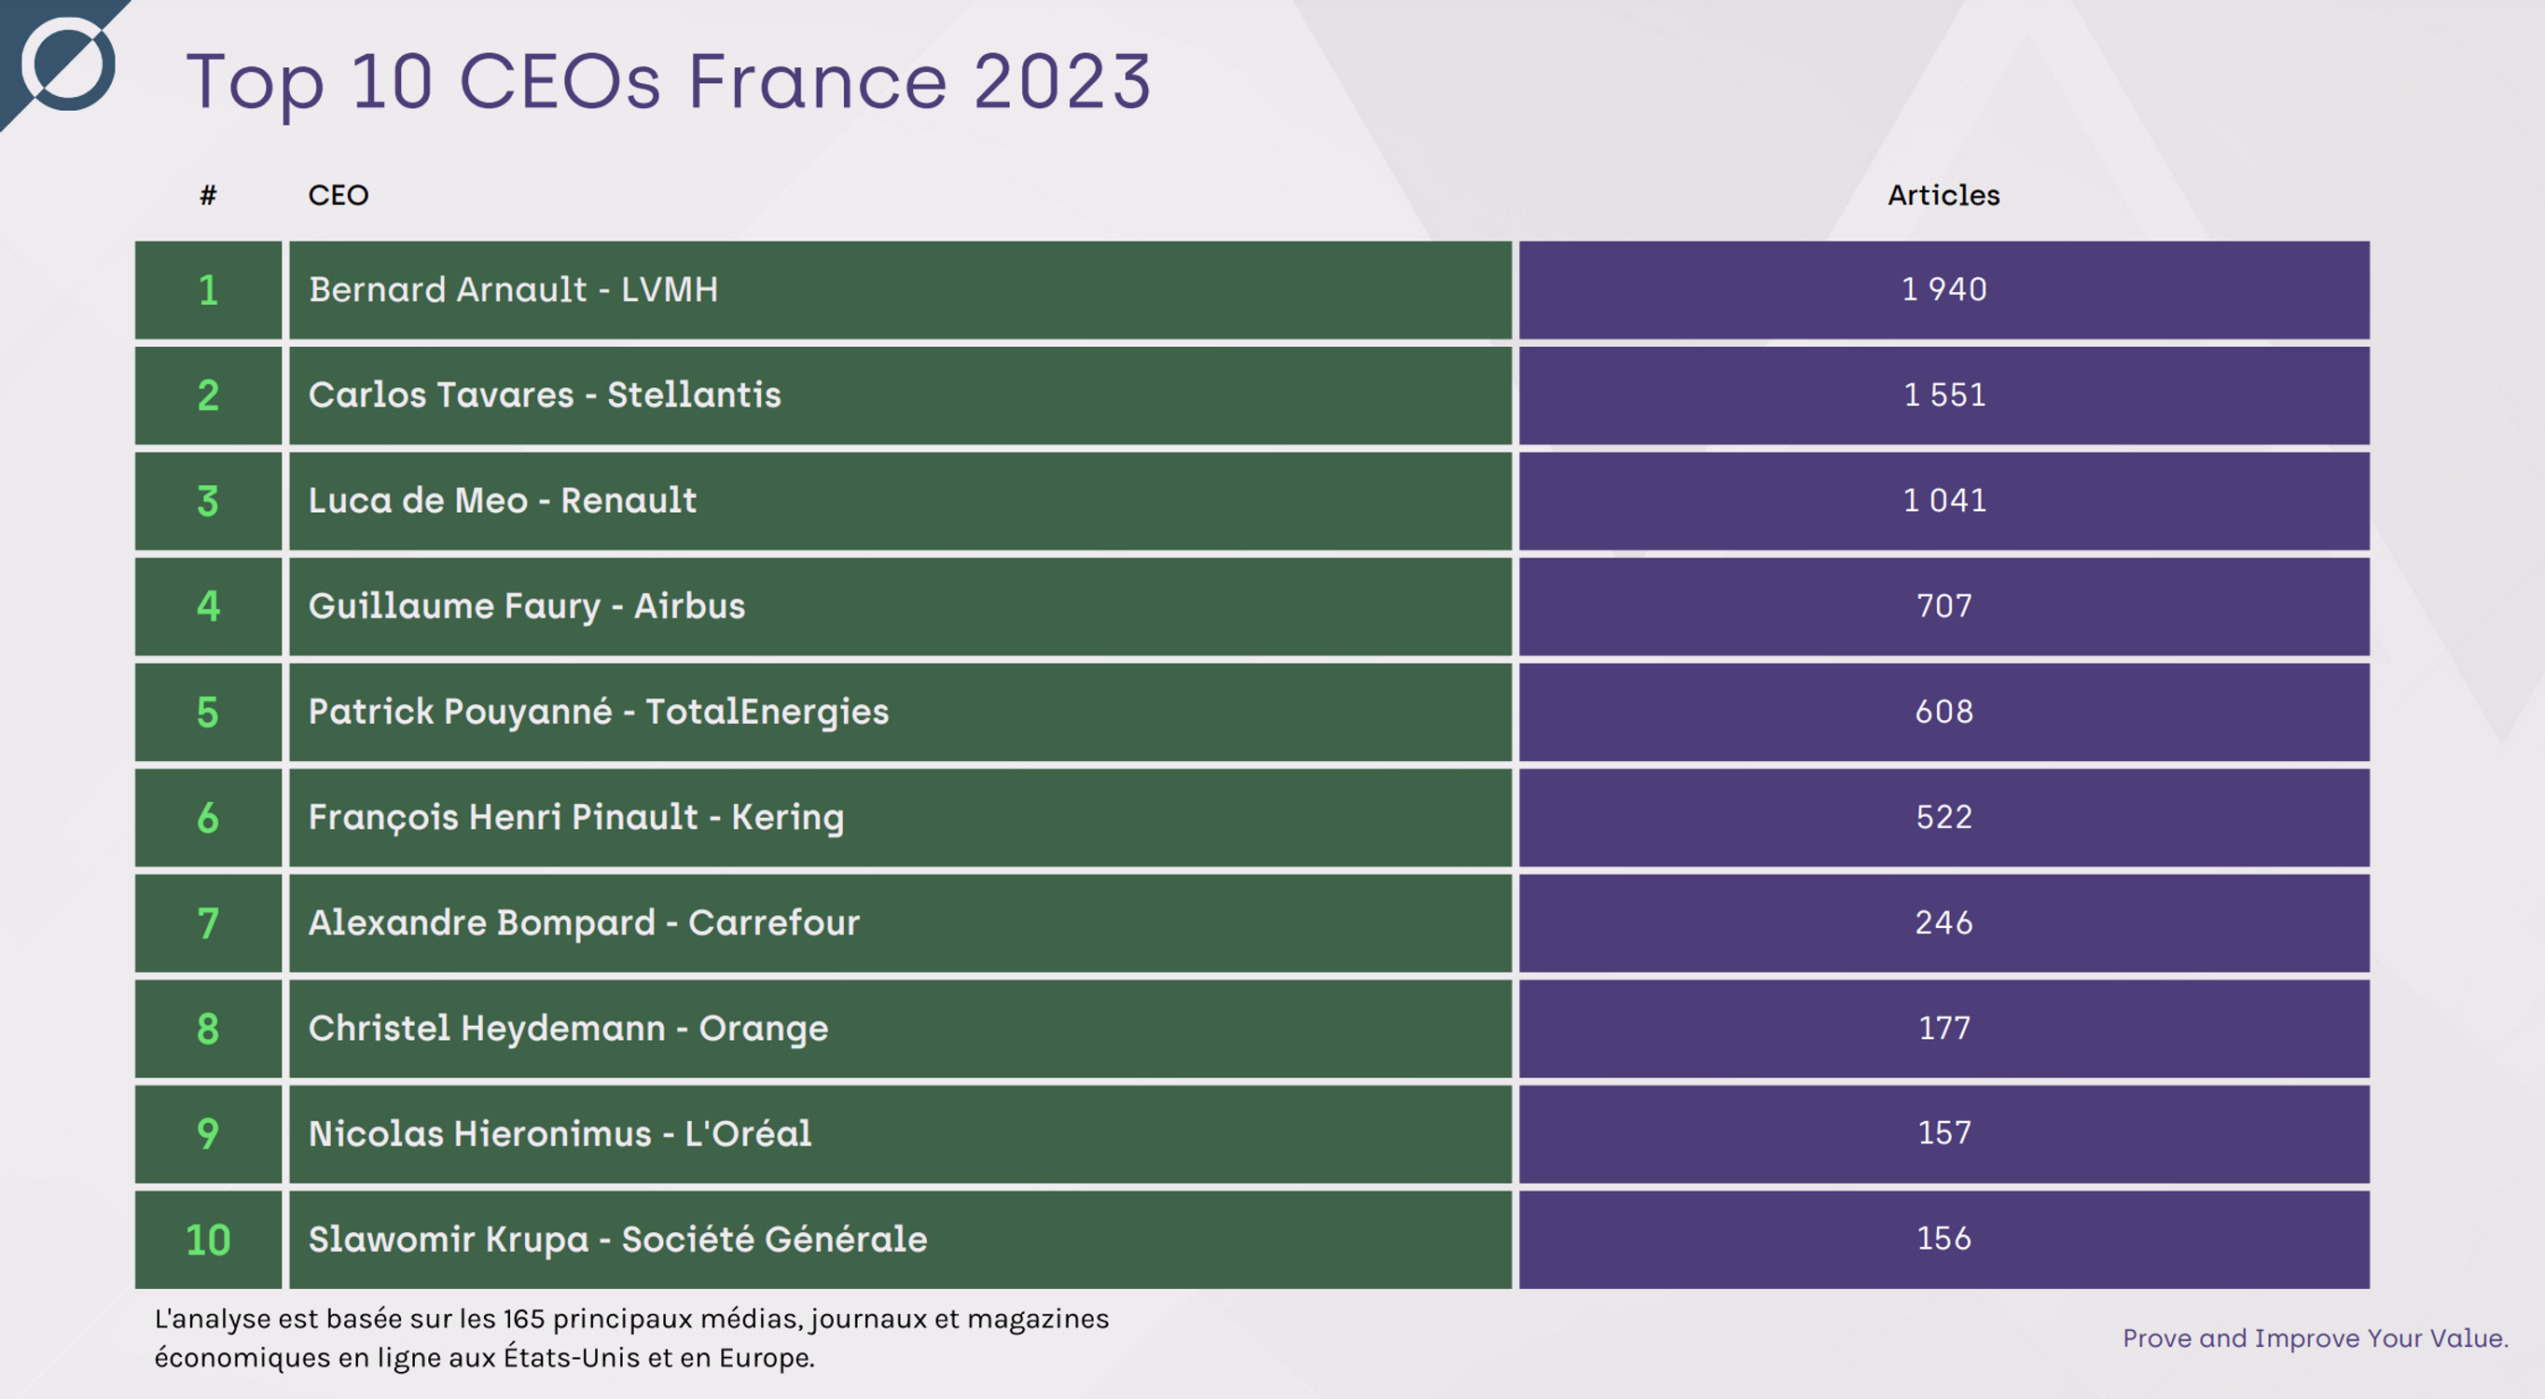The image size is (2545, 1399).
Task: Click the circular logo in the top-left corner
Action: point(68,63)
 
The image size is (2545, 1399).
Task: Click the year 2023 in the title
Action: point(1062,82)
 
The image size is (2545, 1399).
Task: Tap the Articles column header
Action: point(1943,196)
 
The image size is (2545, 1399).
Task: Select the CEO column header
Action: point(338,196)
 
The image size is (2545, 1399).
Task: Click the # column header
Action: point(207,196)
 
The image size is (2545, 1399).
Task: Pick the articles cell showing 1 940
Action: point(1943,289)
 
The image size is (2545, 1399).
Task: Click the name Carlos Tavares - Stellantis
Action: point(545,395)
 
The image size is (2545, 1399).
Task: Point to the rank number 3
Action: point(207,501)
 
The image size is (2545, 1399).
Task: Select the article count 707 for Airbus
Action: point(1943,605)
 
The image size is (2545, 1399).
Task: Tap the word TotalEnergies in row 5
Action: point(767,713)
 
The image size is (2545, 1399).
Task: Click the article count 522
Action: point(1943,817)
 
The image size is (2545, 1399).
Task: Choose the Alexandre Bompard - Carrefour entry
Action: point(583,922)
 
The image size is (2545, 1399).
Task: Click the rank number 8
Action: point(207,1029)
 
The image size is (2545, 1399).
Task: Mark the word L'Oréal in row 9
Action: point(748,1134)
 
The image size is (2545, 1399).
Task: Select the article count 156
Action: point(1943,1239)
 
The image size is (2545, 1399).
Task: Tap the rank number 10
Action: point(207,1240)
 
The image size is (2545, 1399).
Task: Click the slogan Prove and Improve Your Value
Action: point(2315,1338)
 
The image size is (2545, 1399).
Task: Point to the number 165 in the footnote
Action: point(522,1319)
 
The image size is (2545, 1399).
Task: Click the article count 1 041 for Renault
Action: point(1943,501)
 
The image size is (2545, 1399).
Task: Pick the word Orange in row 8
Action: point(763,1029)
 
